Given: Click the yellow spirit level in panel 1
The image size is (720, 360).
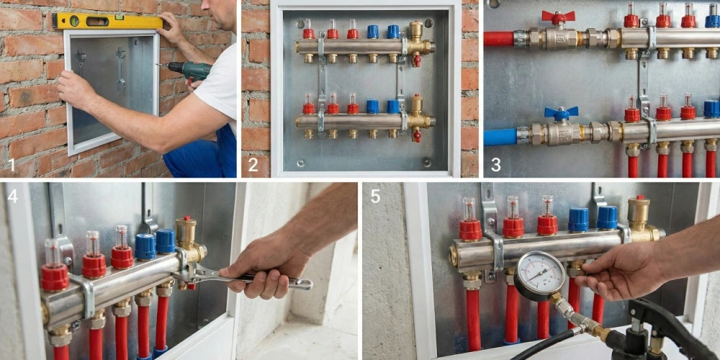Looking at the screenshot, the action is (107, 21).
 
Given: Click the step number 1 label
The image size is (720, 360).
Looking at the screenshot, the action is (11, 164).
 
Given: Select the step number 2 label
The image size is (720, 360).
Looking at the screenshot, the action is (253, 164).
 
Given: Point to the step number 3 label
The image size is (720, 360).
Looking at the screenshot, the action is (495, 164).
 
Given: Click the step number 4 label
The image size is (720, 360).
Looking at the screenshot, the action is (12, 196).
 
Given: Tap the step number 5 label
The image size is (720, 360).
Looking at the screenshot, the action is (375, 196).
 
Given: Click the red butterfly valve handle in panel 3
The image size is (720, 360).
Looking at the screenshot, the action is (558, 17).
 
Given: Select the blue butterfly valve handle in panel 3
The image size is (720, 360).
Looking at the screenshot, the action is (561, 113).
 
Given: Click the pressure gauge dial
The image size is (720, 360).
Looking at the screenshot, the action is (539, 276).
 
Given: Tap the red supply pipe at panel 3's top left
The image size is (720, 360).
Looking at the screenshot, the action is (499, 39).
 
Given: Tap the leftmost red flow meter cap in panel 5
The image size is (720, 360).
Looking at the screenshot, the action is (471, 230).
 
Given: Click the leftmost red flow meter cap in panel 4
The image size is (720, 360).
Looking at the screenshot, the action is (55, 278).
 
